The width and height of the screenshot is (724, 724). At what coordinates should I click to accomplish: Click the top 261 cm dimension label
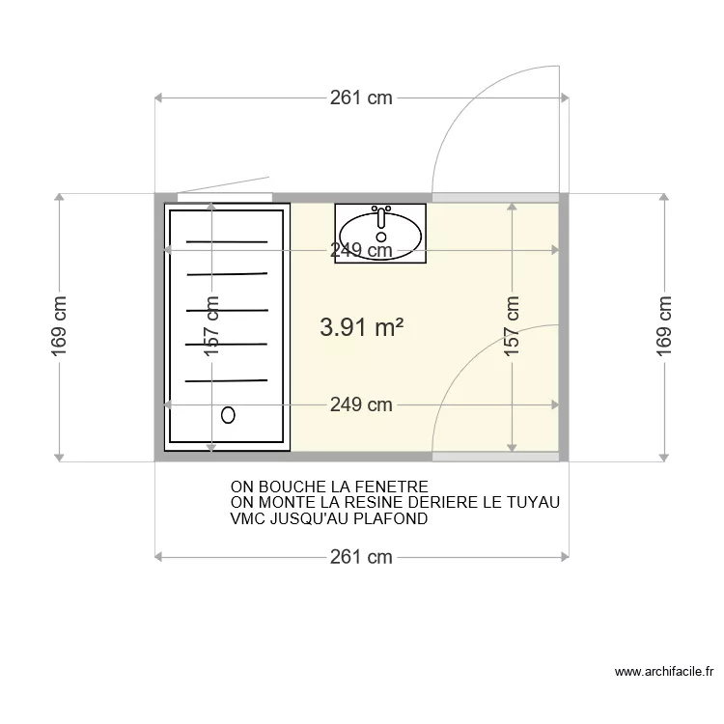(x=361, y=97)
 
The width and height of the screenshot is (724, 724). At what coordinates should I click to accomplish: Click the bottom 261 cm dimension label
(x=361, y=557)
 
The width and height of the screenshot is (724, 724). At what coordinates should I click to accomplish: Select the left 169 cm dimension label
(x=59, y=326)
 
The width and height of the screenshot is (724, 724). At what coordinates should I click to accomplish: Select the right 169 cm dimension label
(x=663, y=326)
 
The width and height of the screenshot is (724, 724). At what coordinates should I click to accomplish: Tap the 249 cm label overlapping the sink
(x=361, y=250)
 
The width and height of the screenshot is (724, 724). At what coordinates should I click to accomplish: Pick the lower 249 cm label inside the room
(x=361, y=404)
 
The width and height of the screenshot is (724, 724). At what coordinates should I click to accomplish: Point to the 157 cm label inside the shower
(x=211, y=326)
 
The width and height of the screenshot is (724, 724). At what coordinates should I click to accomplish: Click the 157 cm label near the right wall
(x=512, y=326)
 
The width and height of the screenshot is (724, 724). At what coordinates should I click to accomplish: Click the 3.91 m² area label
(x=362, y=327)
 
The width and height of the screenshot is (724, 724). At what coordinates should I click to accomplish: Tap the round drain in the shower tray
(x=228, y=415)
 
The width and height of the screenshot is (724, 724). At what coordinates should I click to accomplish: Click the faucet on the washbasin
(x=381, y=216)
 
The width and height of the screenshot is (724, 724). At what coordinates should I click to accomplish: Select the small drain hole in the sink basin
(x=381, y=237)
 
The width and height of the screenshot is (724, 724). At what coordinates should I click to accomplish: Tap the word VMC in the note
(x=247, y=518)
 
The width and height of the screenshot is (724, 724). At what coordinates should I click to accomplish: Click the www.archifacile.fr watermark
(x=664, y=672)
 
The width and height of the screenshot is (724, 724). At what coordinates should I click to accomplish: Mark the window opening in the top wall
(x=225, y=198)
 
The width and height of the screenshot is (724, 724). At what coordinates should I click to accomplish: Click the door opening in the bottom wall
(x=495, y=457)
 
